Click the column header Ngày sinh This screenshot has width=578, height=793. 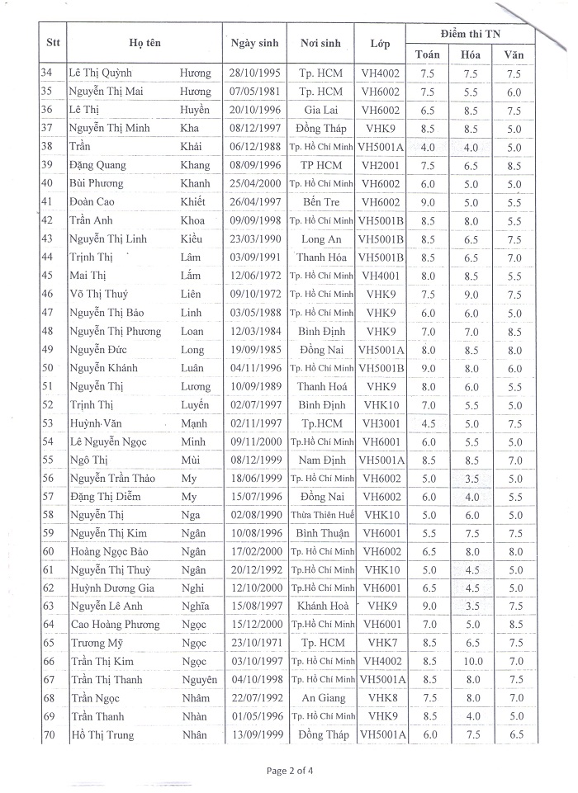click(x=254, y=43)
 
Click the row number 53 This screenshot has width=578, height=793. click(x=47, y=422)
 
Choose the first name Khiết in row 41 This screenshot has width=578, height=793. click(x=195, y=202)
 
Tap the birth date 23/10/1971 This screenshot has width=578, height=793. click(x=254, y=643)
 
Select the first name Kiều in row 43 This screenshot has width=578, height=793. click(x=194, y=238)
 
